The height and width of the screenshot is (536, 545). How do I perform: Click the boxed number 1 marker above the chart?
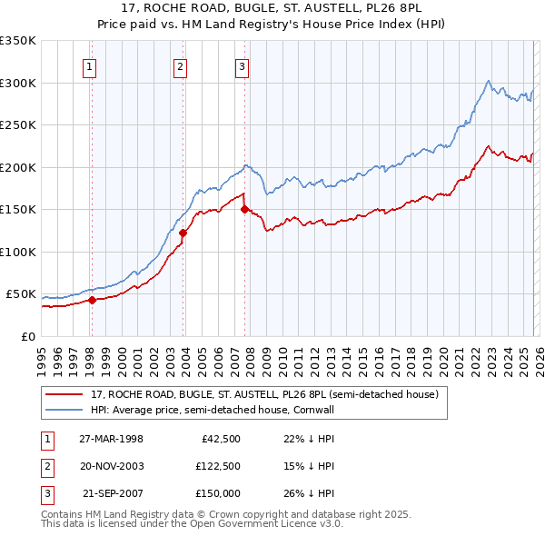91,65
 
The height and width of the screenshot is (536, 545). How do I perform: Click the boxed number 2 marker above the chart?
181,65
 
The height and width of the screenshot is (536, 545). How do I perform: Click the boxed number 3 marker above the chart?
243,65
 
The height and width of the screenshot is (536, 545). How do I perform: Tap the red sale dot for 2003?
183,233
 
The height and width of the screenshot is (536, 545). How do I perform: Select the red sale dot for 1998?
92,301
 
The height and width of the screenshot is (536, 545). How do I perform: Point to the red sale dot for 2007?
244,210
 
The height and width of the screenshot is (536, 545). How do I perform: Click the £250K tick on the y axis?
18,125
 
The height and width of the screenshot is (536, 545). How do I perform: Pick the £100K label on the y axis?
18,252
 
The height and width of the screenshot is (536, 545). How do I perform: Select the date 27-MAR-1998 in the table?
110,439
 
